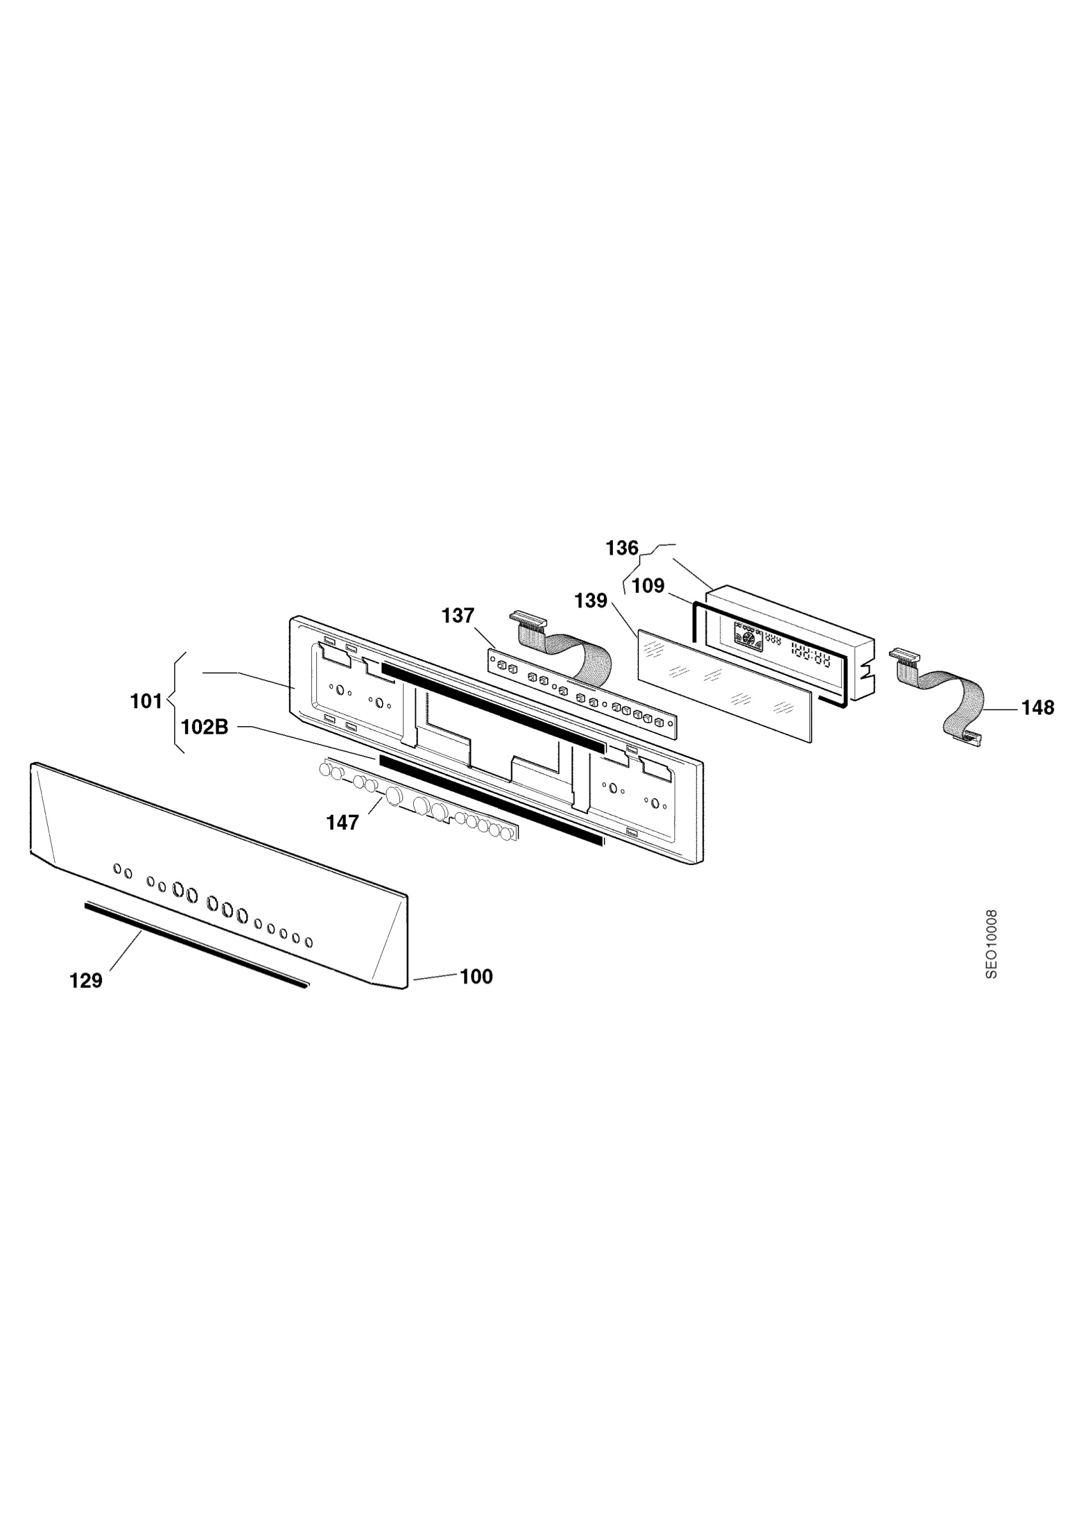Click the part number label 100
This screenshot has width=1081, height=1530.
476,977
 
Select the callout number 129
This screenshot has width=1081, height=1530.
86,981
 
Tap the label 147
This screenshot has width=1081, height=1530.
342,823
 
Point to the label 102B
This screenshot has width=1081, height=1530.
205,727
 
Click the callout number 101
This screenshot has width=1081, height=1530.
146,701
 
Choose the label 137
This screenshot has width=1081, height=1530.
458,616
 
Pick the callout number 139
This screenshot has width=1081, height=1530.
591,601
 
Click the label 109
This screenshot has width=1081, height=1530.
649,586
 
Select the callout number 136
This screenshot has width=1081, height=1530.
622,548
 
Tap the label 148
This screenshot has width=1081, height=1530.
1038,708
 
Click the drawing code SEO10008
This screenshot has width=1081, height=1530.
992,944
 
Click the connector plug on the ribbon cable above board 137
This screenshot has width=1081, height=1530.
529,620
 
